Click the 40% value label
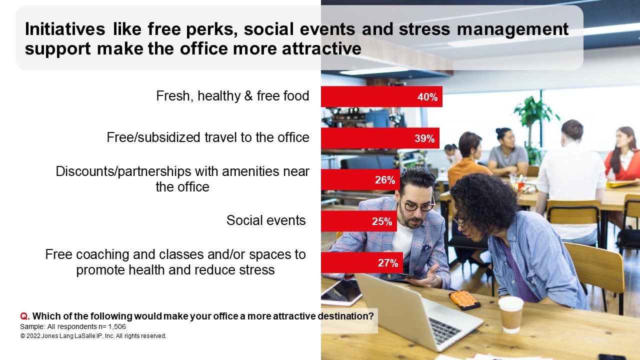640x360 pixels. pyautogui.click(x=427, y=97)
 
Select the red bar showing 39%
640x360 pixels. pyautogui.click(x=380, y=138)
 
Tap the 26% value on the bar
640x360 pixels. pyautogui.click(x=385, y=179)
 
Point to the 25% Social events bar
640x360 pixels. pyautogui.click(x=359, y=221)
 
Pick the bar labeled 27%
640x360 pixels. pyautogui.click(x=362, y=262)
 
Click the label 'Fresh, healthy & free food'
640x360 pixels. pyautogui.click(x=232, y=96)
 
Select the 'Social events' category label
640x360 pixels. pyautogui.click(x=266, y=220)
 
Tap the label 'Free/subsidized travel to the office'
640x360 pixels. pyautogui.click(x=208, y=137)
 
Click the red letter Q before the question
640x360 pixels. pyautogui.click(x=25, y=316)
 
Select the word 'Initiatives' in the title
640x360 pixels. pyautogui.click(x=65, y=29)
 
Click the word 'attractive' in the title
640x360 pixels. pyautogui.click(x=321, y=48)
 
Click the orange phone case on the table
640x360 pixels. pyautogui.click(x=464, y=300)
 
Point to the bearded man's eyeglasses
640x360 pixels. pyautogui.click(x=418, y=205)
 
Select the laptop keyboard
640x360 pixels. pyautogui.click(x=444, y=330)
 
